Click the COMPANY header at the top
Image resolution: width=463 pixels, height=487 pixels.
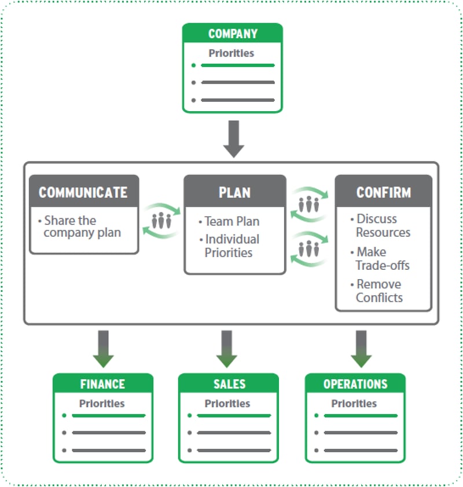[232, 34]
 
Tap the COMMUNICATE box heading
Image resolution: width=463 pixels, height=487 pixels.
[83, 192]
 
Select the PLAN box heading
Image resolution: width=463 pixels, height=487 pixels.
[234, 192]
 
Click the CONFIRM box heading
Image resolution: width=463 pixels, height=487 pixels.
[383, 192]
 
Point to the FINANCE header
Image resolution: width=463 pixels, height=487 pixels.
[102, 384]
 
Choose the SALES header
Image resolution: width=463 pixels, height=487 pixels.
[229, 384]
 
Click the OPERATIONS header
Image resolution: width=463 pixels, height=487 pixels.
[355, 384]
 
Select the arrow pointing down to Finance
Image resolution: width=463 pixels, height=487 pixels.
[104, 348]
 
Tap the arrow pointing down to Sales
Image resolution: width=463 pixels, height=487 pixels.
[227, 348]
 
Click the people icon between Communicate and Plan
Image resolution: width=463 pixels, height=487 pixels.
[161, 220]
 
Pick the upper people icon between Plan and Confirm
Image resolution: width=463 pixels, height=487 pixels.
[310, 204]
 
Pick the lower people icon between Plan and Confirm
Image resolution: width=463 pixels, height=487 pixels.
[310, 249]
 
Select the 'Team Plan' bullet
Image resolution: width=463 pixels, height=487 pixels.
[231, 221]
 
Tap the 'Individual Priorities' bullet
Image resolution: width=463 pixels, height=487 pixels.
[231, 246]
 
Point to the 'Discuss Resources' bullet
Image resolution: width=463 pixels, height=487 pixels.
[382, 226]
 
